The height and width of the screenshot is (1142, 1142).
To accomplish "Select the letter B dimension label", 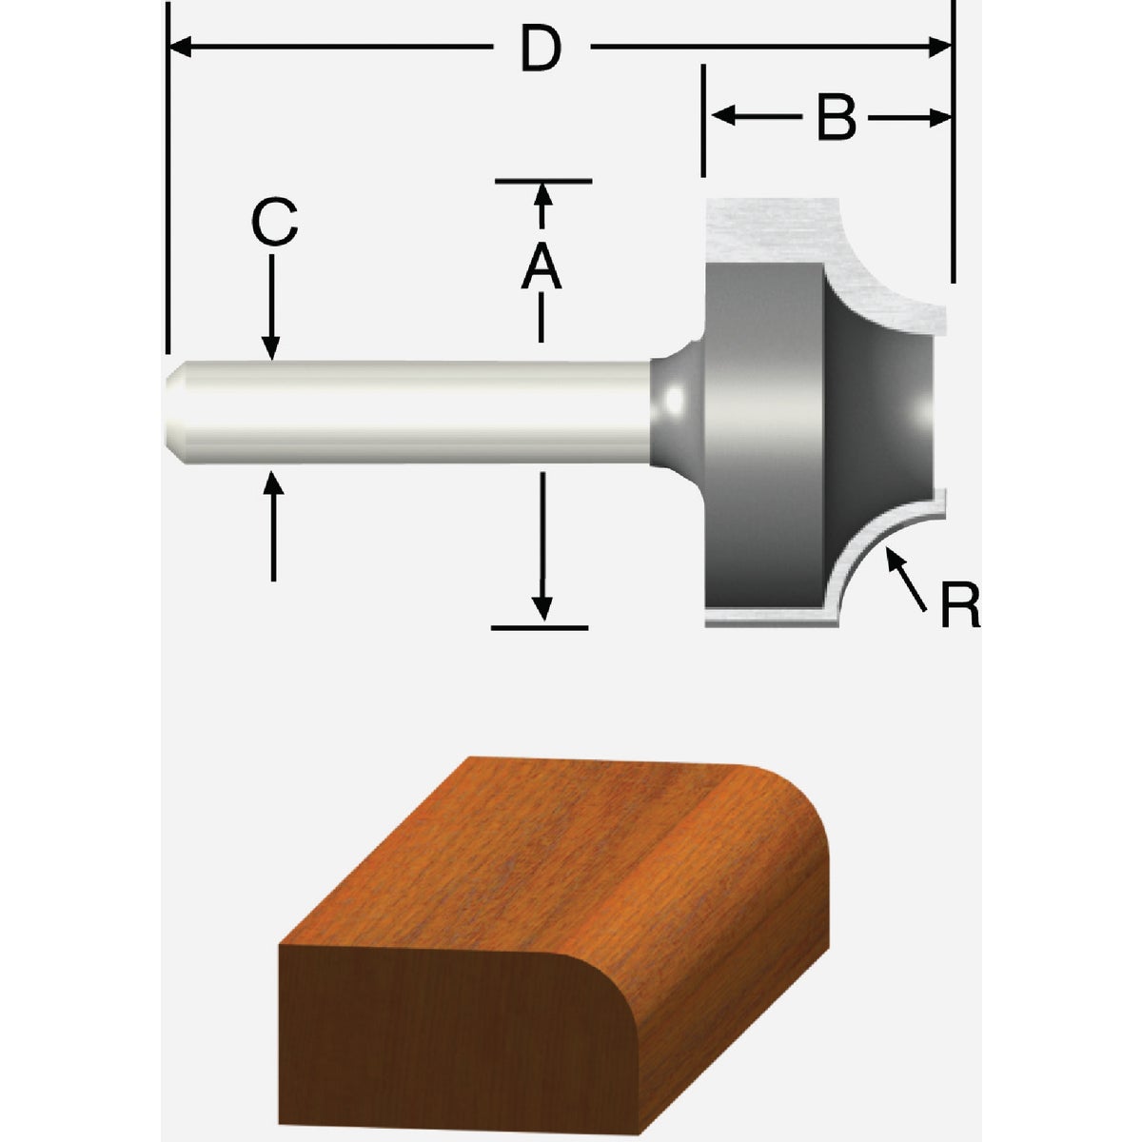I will point(837,118).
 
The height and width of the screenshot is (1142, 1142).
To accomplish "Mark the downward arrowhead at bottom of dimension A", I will point(542,608).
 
